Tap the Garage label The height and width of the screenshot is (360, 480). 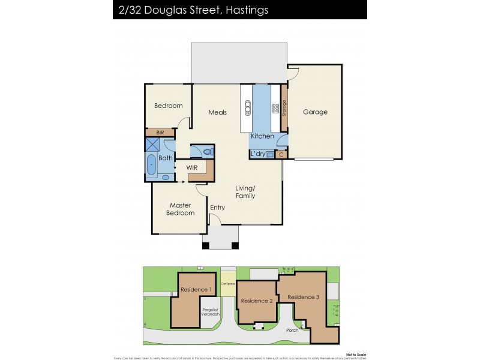[315, 112]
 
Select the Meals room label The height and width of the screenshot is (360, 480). [217, 112]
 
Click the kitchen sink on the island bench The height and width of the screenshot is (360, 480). [246, 109]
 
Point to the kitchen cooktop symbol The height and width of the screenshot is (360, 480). [275, 109]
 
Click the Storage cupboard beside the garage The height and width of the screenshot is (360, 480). [284, 109]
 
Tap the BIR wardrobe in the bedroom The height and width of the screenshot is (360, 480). [160, 133]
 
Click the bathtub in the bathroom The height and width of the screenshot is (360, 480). [151, 163]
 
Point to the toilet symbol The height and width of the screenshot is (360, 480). [207, 152]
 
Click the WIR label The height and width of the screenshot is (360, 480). [192, 167]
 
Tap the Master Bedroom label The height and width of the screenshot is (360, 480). [180, 209]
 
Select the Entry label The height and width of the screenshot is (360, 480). [217, 208]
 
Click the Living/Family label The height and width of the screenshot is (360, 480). [245, 192]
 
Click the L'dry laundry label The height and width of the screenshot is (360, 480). [259, 154]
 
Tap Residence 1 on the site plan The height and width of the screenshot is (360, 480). [196, 290]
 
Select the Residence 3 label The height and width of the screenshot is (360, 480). [303, 297]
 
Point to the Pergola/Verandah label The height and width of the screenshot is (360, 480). [211, 312]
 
